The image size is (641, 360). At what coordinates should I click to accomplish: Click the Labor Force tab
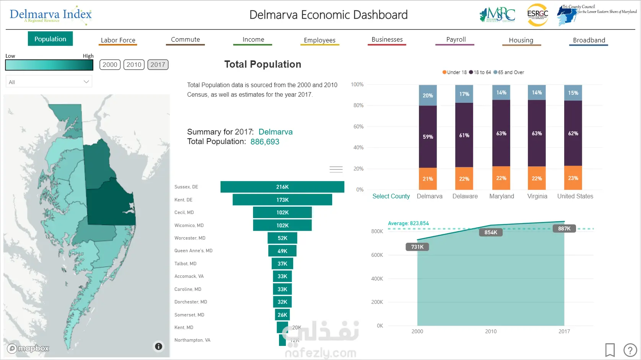(x=118, y=40)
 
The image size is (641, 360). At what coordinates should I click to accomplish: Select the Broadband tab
(x=589, y=40)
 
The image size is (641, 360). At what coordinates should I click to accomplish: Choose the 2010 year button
(x=134, y=65)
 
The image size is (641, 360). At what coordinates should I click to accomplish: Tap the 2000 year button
(x=110, y=65)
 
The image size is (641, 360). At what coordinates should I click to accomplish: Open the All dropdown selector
(x=49, y=82)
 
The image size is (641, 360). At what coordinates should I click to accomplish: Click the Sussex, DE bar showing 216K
(x=282, y=187)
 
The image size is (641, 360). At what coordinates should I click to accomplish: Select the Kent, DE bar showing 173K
(x=282, y=200)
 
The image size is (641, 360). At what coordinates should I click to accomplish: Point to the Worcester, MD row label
(x=190, y=238)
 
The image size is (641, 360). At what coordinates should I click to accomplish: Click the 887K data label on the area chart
(x=564, y=229)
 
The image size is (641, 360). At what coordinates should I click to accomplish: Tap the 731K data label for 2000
(x=417, y=247)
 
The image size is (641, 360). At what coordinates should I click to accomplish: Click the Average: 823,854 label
(x=408, y=224)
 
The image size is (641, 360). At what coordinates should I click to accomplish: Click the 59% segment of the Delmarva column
(x=428, y=137)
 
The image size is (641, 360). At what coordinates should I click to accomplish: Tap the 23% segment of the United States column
(x=573, y=178)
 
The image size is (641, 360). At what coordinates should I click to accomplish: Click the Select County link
(x=391, y=196)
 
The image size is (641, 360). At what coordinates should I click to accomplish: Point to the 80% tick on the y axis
(x=358, y=105)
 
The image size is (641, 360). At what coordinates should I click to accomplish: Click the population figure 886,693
(x=265, y=142)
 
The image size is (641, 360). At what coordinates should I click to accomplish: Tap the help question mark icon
(x=630, y=350)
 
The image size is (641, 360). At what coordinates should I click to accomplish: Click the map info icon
(x=158, y=347)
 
